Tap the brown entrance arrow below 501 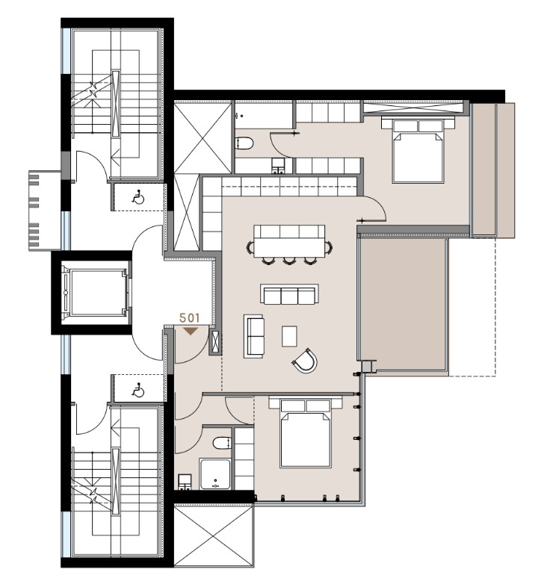pos(191,330)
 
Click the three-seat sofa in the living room pos(288,294)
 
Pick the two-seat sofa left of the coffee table pos(254,335)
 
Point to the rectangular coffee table pos(289,336)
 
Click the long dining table pos(288,240)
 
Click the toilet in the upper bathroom pos(245,143)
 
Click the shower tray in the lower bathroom pos(216,473)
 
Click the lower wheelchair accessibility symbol pos(138,389)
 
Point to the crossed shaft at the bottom pos(214,535)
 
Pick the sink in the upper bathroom pos(279,165)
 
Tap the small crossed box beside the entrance pos(216,342)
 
